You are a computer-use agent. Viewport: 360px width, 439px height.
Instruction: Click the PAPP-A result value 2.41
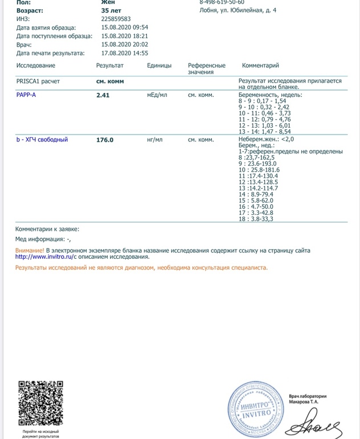coord(103,95)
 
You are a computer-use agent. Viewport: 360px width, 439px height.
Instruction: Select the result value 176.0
coord(105,140)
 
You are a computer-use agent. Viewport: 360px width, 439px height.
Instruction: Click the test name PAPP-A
coord(26,95)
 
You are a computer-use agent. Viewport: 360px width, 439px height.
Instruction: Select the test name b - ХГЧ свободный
coord(42,139)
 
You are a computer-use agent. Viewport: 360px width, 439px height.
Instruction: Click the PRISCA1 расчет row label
coord(38,82)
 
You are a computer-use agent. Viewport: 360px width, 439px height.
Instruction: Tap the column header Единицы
coord(159,66)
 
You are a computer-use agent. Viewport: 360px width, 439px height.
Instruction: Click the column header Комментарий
coord(260,66)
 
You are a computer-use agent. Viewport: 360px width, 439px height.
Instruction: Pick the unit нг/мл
coord(155,140)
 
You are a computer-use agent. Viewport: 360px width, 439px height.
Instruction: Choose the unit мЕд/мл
coord(157,95)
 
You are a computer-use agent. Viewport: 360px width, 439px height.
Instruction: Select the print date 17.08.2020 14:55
coord(125,53)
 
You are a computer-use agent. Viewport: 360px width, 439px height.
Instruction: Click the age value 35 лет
coord(112,10)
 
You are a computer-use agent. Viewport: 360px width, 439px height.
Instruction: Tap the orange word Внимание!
coord(30,250)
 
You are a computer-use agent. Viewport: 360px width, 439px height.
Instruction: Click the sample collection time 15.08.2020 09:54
coord(125,27)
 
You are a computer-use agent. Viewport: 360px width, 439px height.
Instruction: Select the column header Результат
coord(110,66)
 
